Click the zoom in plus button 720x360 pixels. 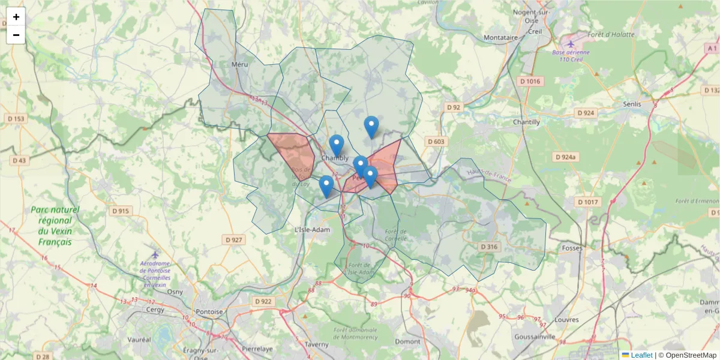16,17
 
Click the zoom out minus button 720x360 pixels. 16,35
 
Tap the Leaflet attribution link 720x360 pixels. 641,355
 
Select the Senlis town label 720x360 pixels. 632,104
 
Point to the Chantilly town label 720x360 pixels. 526,122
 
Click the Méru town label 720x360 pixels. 240,64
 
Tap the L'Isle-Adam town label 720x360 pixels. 313,230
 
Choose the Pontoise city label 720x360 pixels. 209,311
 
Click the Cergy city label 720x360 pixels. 155,310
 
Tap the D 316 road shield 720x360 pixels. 489,247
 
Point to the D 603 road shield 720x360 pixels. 436,141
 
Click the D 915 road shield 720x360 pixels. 121,211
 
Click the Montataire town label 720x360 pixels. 500,37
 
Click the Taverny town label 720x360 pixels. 316,344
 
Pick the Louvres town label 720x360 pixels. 568,320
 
